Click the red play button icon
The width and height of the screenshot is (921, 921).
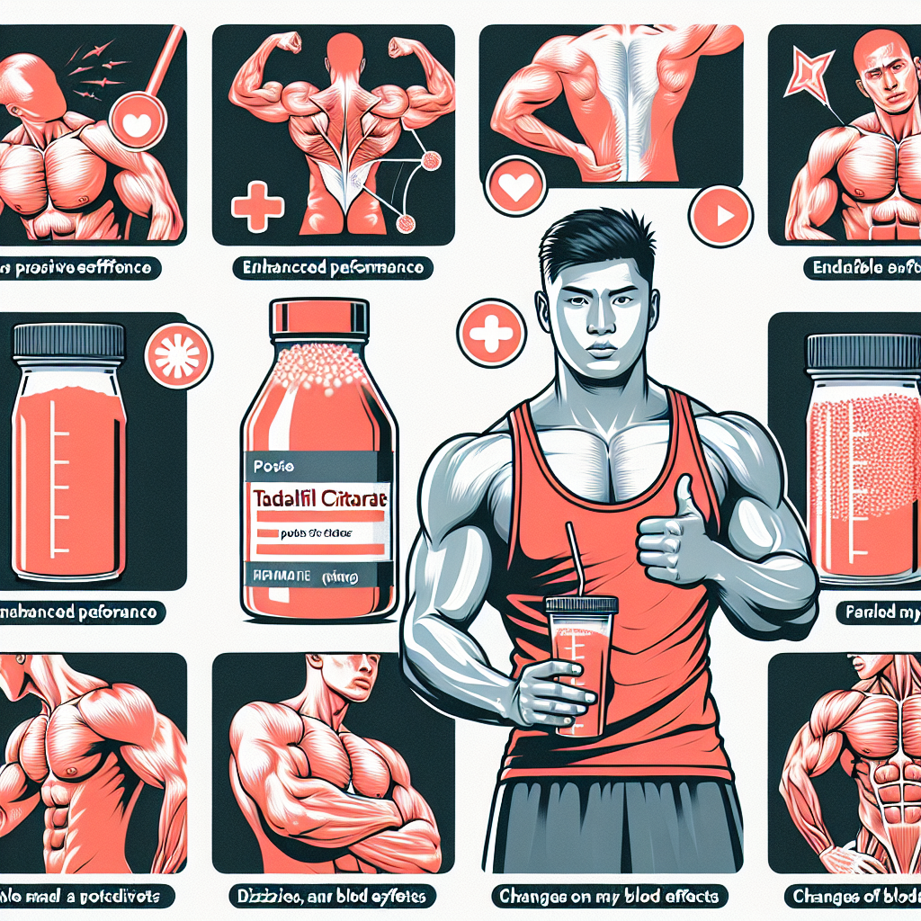(720, 216)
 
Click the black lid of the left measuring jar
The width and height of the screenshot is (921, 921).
(67, 340)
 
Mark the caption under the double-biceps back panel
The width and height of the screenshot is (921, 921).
(333, 267)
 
